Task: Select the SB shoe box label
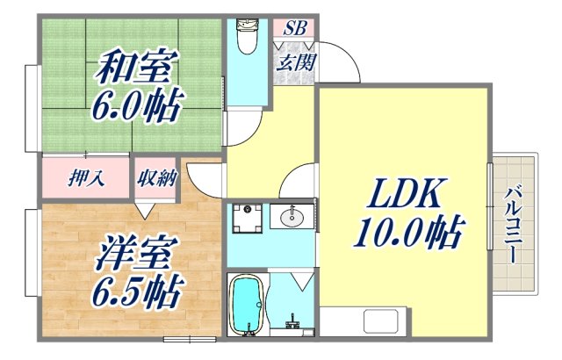293,29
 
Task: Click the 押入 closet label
86,178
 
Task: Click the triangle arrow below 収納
145,209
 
